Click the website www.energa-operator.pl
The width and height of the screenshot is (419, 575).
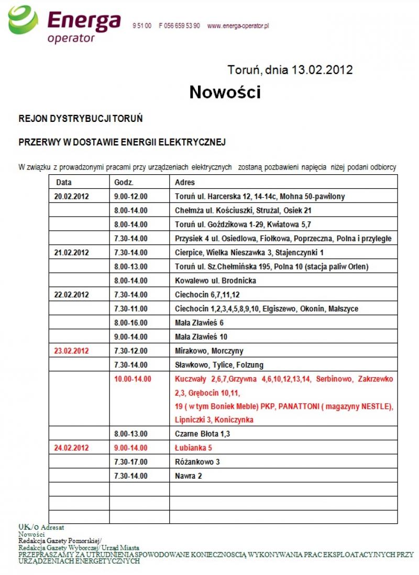[238, 26]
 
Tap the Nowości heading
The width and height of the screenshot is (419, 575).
[225, 93]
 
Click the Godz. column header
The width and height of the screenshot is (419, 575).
[124, 183]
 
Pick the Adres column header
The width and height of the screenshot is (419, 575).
[185, 183]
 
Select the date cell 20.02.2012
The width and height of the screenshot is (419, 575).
[72, 197]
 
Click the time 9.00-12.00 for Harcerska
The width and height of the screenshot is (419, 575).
[131, 197]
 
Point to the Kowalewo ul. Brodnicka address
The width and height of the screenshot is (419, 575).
[215, 280]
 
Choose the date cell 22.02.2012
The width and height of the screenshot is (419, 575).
[72, 295]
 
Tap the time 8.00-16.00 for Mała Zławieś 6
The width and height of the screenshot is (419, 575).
[131, 323]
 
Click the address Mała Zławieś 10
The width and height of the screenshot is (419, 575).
[201, 336]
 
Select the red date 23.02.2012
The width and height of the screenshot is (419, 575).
[72, 351]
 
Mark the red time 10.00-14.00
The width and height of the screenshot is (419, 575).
[133, 378]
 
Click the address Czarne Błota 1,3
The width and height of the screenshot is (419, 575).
[202, 434]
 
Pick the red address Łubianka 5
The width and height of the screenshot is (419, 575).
[193, 448]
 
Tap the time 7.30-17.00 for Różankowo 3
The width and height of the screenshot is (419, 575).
[131, 462]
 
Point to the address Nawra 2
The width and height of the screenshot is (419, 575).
[188, 476]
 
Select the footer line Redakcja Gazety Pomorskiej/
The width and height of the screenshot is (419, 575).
[60, 540]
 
